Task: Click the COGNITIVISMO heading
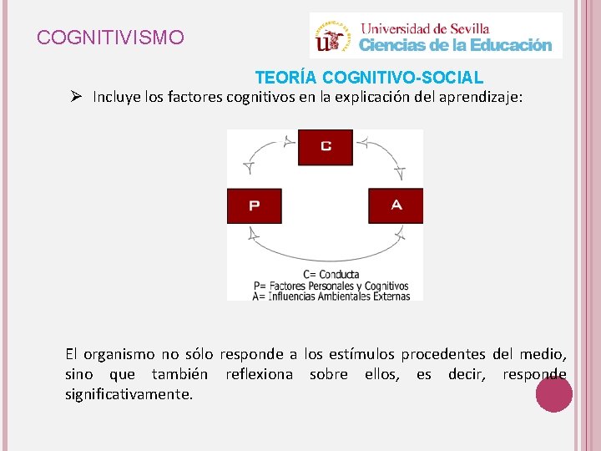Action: pyautogui.click(x=111, y=38)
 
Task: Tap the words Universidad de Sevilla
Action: pyautogui.click(x=424, y=28)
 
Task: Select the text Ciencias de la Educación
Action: pyautogui.click(x=455, y=45)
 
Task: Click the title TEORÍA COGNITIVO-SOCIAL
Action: pyautogui.click(x=369, y=78)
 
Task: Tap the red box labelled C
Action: pyautogui.click(x=325, y=147)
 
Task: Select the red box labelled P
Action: pyautogui.click(x=254, y=205)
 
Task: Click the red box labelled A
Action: pyautogui.click(x=396, y=205)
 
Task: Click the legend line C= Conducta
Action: pyautogui.click(x=331, y=274)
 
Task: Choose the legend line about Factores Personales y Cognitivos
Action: pyautogui.click(x=331, y=285)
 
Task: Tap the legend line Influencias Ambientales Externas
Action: pyautogui.click(x=331, y=296)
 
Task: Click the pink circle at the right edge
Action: pyautogui.click(x=553, y=393)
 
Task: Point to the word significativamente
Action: pyautogui.click(x=129, y=393)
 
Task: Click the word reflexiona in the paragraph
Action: pyautogui.click(x=259, y=374)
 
